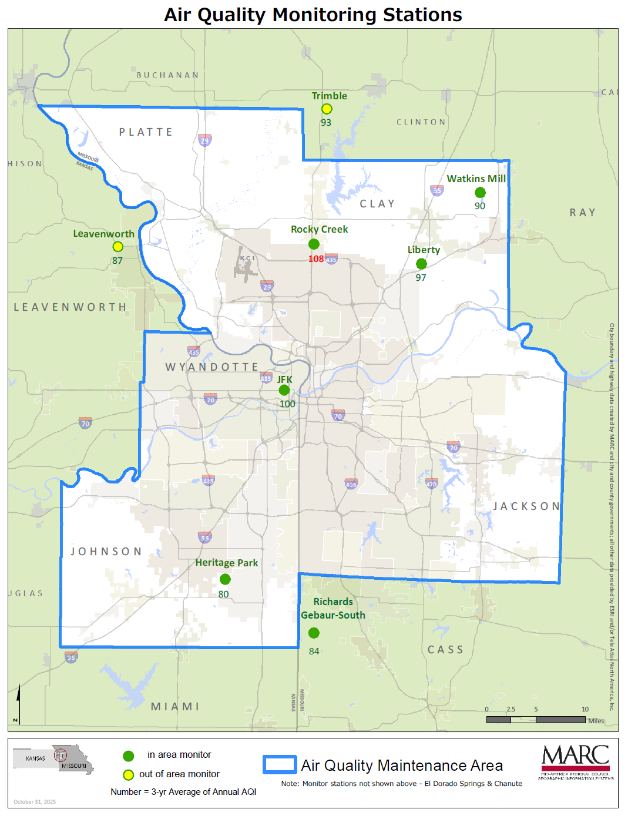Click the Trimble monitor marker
point(327,109)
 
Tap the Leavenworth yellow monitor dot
point(117,247)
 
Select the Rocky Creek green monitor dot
point(314,244)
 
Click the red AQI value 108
point(315,259)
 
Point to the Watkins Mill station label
point(476,179)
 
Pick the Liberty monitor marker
point(421,264)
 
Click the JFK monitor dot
point(284,390)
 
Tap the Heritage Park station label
point(226,563)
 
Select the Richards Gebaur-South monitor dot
point(314,633)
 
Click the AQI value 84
point(314,652)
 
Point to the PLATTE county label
point(146,132)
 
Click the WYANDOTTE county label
point(211,367)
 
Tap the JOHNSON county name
point(106,552)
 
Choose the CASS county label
point(445,650)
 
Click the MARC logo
point(575,761)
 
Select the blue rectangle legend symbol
point(280,764)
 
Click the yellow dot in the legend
point(128,775)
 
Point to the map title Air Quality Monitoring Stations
point(313,15)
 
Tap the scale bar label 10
point(585,709)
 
